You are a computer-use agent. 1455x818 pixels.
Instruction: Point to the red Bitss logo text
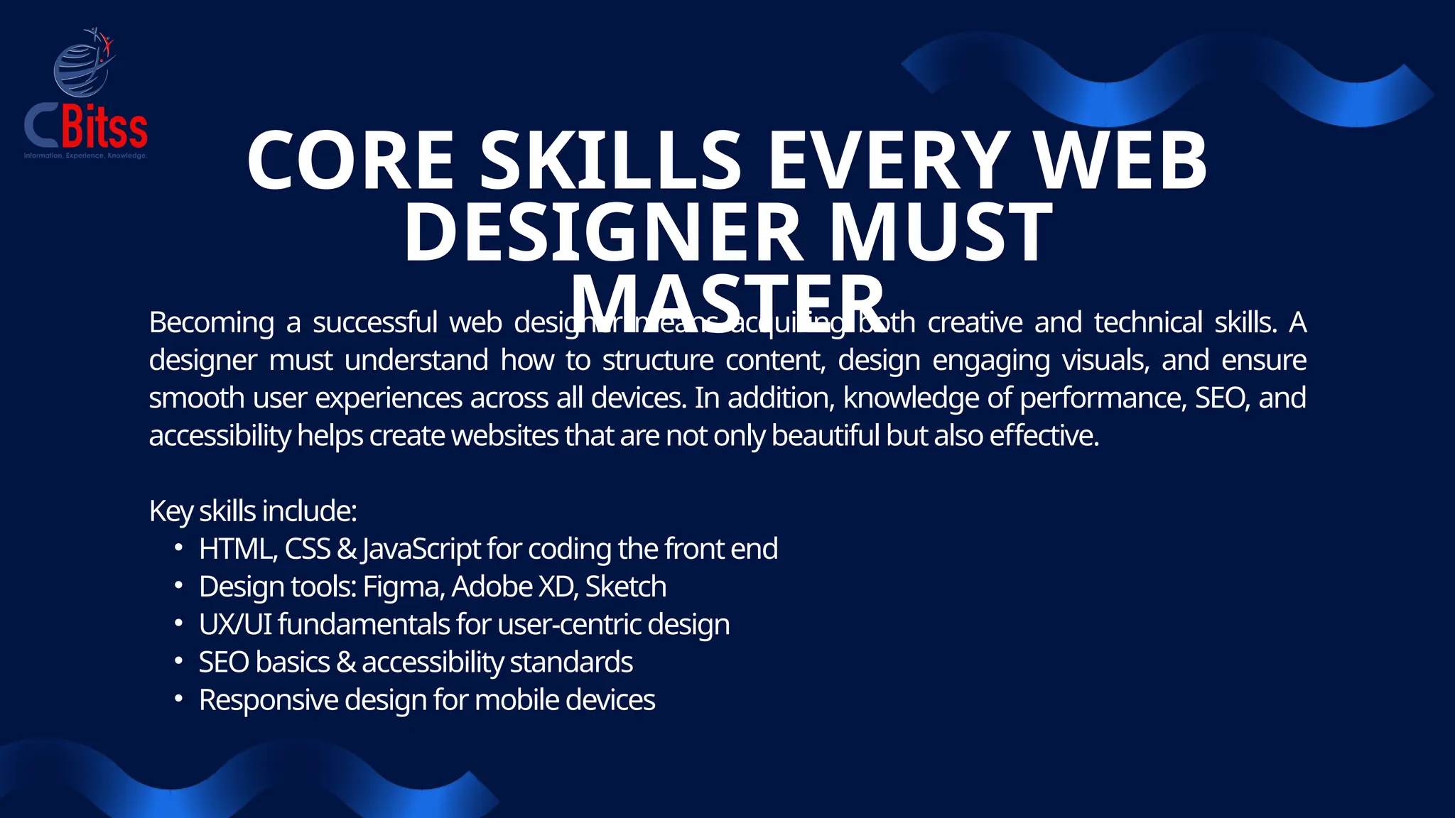(104, 127)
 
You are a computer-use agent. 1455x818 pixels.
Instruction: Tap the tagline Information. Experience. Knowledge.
(85, 156)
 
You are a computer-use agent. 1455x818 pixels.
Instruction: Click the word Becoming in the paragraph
(212, 323)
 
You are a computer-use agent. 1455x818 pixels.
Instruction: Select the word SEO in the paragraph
(1221, 398)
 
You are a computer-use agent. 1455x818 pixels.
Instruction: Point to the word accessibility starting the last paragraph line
(220, 436)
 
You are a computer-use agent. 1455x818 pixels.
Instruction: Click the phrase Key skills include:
(253, 511)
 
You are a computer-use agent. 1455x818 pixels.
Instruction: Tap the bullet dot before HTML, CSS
(179, 548)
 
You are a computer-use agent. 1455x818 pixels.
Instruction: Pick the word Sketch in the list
(626, 587)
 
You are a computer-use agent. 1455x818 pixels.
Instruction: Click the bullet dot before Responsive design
(179, 699)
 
